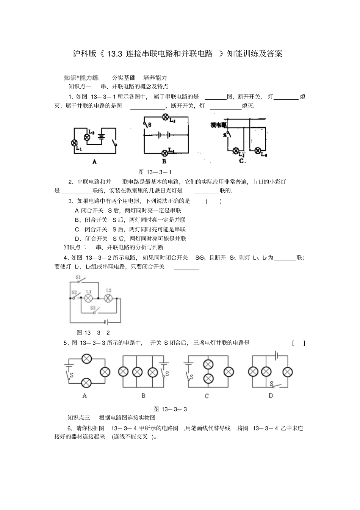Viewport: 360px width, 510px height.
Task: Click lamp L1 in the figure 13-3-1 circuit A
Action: point(75,143)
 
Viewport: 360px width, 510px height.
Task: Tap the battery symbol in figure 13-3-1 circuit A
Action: point(101,137)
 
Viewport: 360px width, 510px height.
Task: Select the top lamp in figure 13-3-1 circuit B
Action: point(165,117)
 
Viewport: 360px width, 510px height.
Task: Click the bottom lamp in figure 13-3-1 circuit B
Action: point(165,153)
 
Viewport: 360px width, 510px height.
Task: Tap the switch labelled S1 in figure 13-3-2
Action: point(81,281)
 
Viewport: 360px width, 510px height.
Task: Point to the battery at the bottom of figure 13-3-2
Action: point(107,322)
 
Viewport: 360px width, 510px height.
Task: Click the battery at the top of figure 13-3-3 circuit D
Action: point(277,355)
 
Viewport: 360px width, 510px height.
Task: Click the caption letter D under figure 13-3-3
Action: point(271,395)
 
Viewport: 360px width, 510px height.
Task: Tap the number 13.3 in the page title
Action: point(114,53)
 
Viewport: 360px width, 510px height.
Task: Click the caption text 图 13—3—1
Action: point(155,172)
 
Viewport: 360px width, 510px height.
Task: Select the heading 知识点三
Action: point(79,417)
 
